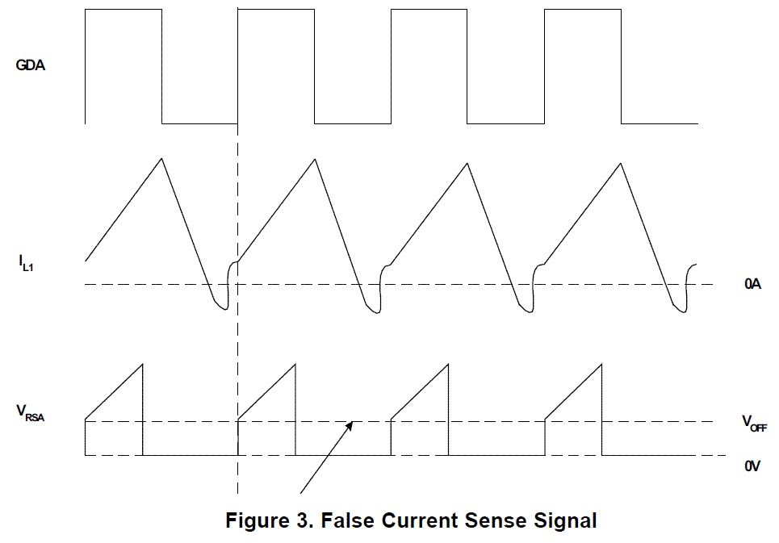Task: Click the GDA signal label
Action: coord(31,65)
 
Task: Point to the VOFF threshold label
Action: coord(754,423)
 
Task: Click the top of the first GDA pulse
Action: coord(123,10)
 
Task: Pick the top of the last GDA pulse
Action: coord(582,10)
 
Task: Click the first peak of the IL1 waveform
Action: coord(162,157)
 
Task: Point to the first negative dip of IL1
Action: coord(221,307)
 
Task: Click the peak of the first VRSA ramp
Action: coord(142,365)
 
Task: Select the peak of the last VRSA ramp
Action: coord(601,365)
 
